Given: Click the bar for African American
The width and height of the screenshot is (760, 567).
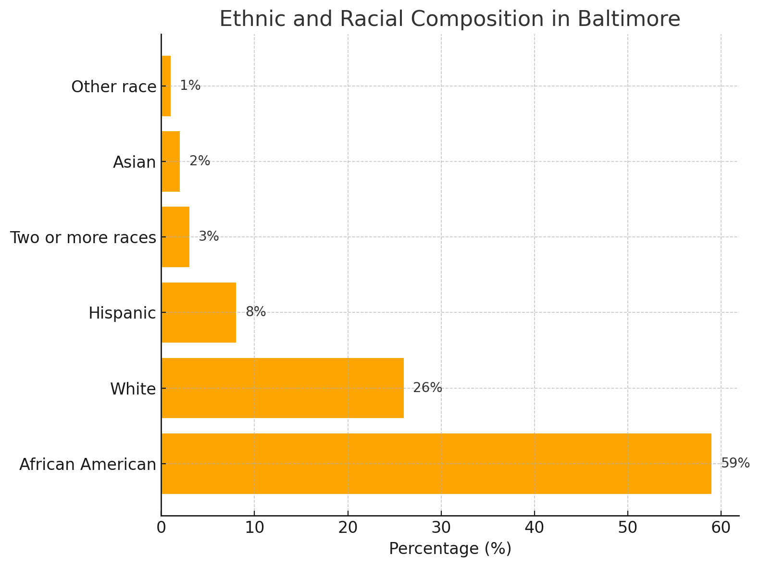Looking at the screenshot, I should point(436,464).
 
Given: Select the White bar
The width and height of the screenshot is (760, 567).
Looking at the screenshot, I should point(283,388).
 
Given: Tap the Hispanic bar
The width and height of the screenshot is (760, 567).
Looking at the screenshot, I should point(199,312).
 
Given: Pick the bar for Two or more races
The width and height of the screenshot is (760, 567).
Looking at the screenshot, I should point(175,237).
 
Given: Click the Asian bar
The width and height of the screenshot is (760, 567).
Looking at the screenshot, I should point(171,161).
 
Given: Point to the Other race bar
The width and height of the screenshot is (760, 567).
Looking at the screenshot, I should point(166,86).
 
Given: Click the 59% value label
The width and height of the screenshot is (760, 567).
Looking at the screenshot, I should point(735,463).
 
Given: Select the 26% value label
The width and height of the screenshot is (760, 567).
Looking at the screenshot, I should point(427,388).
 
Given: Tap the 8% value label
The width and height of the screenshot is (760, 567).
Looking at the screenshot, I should point(256,312).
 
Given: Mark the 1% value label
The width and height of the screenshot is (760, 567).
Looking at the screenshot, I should point(190,86).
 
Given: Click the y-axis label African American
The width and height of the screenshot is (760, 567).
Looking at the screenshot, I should point(88,465).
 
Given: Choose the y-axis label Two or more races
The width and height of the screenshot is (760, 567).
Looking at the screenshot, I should point(83,238).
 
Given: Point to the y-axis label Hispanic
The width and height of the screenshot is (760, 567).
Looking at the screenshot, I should point(123,313).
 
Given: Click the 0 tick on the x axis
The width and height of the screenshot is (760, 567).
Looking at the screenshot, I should point(162,528).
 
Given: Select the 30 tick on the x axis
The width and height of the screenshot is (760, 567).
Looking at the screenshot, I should point(441,528).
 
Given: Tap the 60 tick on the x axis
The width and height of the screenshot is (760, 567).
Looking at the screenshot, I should point(721,528).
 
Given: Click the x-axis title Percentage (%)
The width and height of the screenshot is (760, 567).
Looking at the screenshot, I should point(450,549).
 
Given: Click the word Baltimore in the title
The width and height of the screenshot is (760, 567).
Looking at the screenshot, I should point(629,19).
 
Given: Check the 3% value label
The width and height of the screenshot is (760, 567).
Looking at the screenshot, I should point(209,237).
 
